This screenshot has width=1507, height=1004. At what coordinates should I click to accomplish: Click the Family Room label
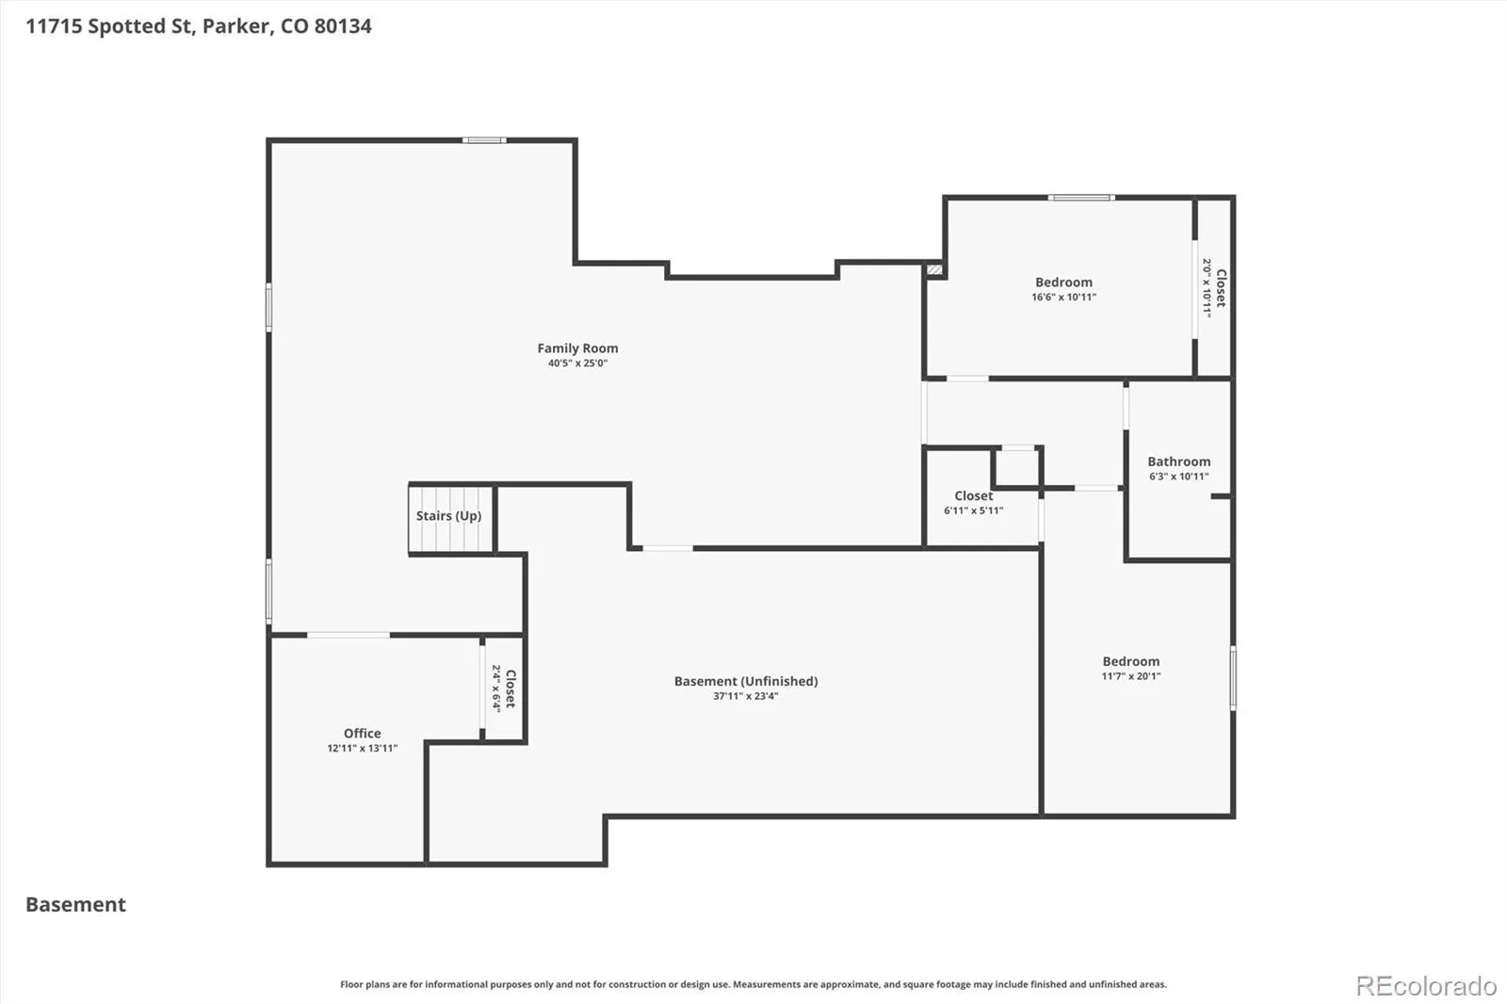(x=577, y=348)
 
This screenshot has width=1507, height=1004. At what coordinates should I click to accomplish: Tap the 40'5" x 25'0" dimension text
(x=577, y=364)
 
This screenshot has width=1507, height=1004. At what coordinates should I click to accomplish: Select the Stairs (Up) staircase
(x=448, y=519)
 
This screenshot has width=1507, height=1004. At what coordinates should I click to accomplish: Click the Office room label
(x=362, y=733)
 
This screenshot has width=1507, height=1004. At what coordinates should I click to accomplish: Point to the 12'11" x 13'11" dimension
(x=362, y=748)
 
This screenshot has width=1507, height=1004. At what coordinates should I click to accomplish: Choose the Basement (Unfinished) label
(x=745, y=681)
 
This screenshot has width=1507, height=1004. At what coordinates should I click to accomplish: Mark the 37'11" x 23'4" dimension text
(x=745, y=696)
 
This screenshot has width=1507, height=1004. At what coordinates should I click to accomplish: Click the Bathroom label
(x=1178, y=462)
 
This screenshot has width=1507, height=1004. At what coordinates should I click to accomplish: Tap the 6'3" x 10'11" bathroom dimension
(x=1178, y=477)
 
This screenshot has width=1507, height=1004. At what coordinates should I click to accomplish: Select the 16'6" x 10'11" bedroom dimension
(x=1063, y=297)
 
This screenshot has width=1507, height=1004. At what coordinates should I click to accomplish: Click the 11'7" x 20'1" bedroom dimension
(x=1130, y=676)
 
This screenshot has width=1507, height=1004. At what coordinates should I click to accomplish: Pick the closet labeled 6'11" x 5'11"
(x=974, y=502)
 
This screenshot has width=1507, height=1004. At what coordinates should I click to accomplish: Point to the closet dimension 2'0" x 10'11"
(x=1207, y=289)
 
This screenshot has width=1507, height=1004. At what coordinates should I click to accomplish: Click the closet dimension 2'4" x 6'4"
(x=495, y=688)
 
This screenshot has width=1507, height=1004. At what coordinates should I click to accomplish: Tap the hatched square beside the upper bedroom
(x=934, y=270)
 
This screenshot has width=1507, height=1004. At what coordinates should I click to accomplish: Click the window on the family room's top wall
(x=484, y=140)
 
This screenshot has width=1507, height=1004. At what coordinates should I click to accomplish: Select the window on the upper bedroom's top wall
(x=1081, y=198)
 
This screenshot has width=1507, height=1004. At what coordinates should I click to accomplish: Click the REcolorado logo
(x=1426, y=986)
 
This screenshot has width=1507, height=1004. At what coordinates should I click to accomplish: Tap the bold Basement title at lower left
(x=75, y=904)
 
